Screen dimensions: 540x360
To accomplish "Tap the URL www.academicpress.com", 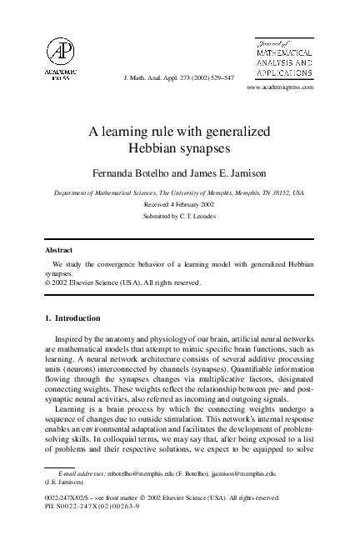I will click(x=280, y=87).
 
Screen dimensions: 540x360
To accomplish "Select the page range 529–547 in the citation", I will click(x=219, y=77).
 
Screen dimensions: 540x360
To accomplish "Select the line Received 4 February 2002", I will click(x=179, y=202).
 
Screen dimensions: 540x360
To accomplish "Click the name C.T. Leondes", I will click(x=200, y=215).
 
